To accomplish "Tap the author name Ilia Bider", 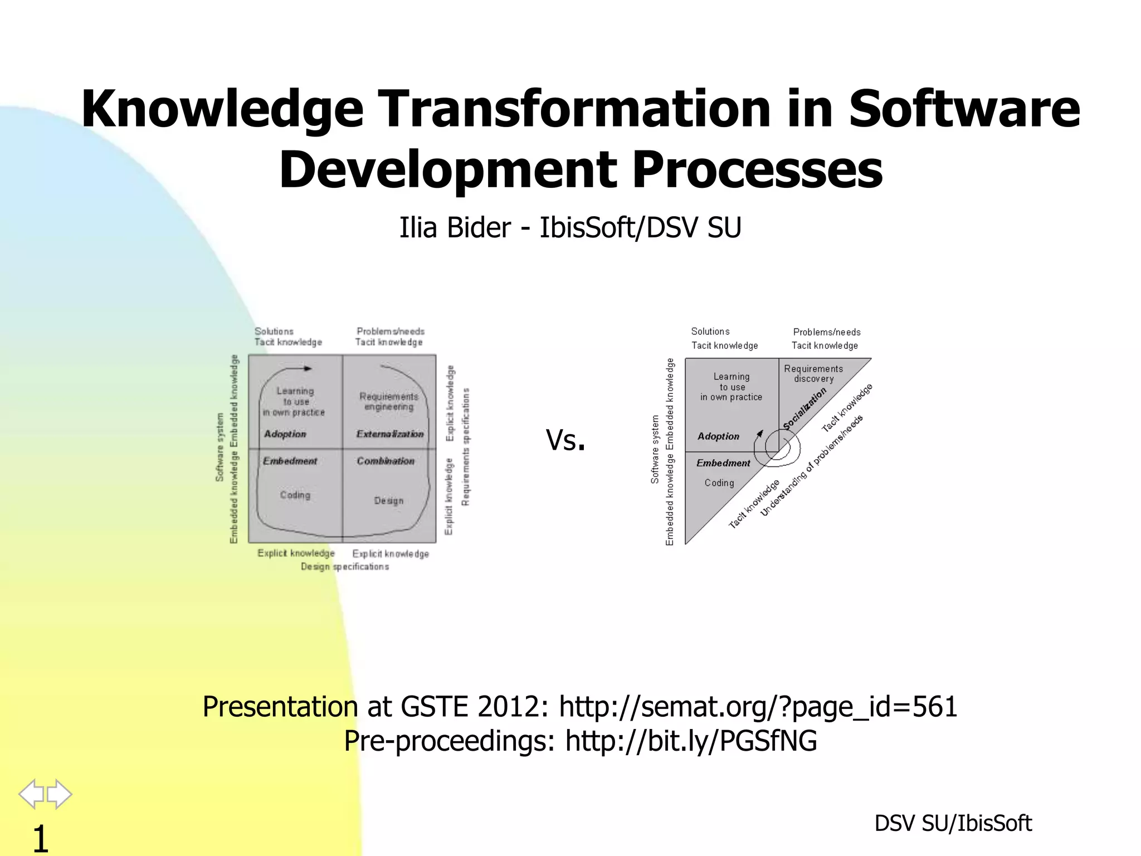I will pos(455,228).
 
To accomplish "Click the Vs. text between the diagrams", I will pos(565,440).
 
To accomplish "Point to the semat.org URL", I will pos(758,707).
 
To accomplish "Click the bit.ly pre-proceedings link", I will pos(691,741).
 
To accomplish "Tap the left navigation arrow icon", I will pos(31,794).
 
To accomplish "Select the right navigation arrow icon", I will pos(60,794).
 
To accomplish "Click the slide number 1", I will pos(40,839).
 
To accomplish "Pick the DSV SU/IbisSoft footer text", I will pos(953,823).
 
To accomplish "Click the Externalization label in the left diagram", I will pos(390,434).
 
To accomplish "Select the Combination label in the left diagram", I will pos(386,461).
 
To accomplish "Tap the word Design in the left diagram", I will pos(389,501).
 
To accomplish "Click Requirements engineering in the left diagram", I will pos(389,401).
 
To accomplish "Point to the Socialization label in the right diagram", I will pos(804,410).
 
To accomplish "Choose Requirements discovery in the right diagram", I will pos(813,374).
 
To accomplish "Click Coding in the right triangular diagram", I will pos(719,483).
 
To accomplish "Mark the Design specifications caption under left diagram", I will pos(345,567).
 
